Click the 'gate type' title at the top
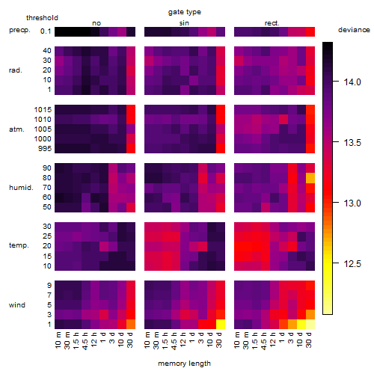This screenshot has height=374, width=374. click(x=185, y=12)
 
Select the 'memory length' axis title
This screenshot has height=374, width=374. click(x=184, y=364)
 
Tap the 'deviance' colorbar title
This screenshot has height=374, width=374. click(x=354, y=30)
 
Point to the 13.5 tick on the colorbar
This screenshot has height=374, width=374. click(x=336, y=142)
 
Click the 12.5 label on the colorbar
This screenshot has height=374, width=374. click(x=352, y=264)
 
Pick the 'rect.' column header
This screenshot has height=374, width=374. click(x=272, y=23)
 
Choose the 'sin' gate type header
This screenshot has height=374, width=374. click(x=184, y=23)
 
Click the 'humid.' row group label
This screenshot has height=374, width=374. click(x=21, y=188)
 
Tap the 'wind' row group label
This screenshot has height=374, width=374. click(x=17, y=305)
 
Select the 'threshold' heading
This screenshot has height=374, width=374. click(x=42, y=18)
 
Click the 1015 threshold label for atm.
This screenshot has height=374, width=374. click(x=43, y=110)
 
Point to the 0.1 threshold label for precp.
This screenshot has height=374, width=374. click(x=46, y=31)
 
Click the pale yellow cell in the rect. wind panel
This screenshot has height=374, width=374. click(x=310, y=324)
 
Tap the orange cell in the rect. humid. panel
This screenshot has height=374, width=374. click(x=310, y=178)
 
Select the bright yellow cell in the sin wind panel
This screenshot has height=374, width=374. click(x=221, y=324)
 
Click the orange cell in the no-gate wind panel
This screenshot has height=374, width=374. click(x=131, y=324)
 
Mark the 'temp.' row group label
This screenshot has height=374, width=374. click(x=19, y=245)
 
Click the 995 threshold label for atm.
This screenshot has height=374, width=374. click(x=45, y=149)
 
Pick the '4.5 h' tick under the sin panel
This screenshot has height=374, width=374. click(x=174, y=340)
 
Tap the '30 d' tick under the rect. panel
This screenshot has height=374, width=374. click(x=309, y=340)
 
